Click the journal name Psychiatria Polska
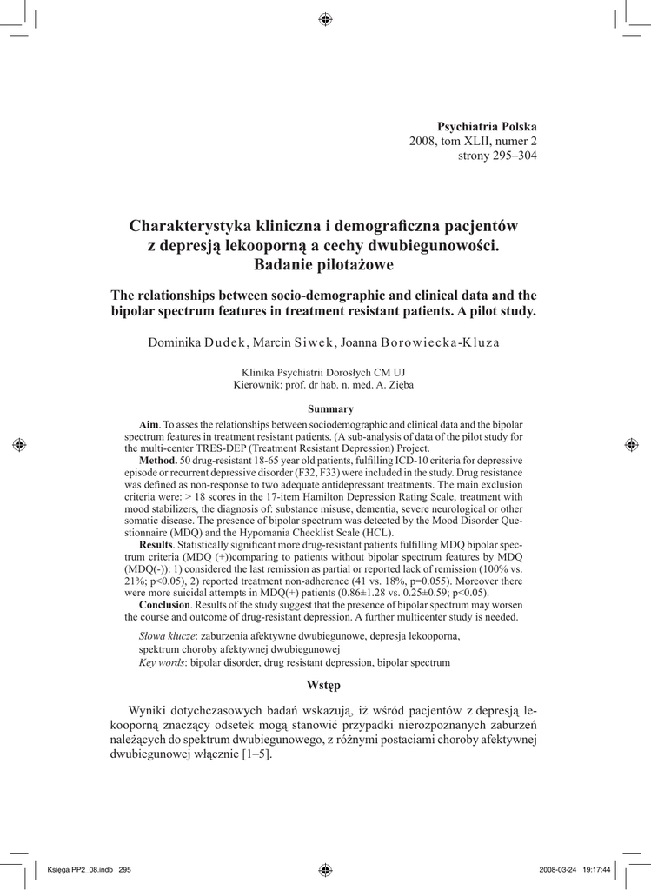(487, 126)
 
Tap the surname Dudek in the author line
(227, 342)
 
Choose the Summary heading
(331, 408)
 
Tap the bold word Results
(157, 543)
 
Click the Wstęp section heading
(323, 685)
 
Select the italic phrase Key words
(162, 662)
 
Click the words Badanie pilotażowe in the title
(323, 263)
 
